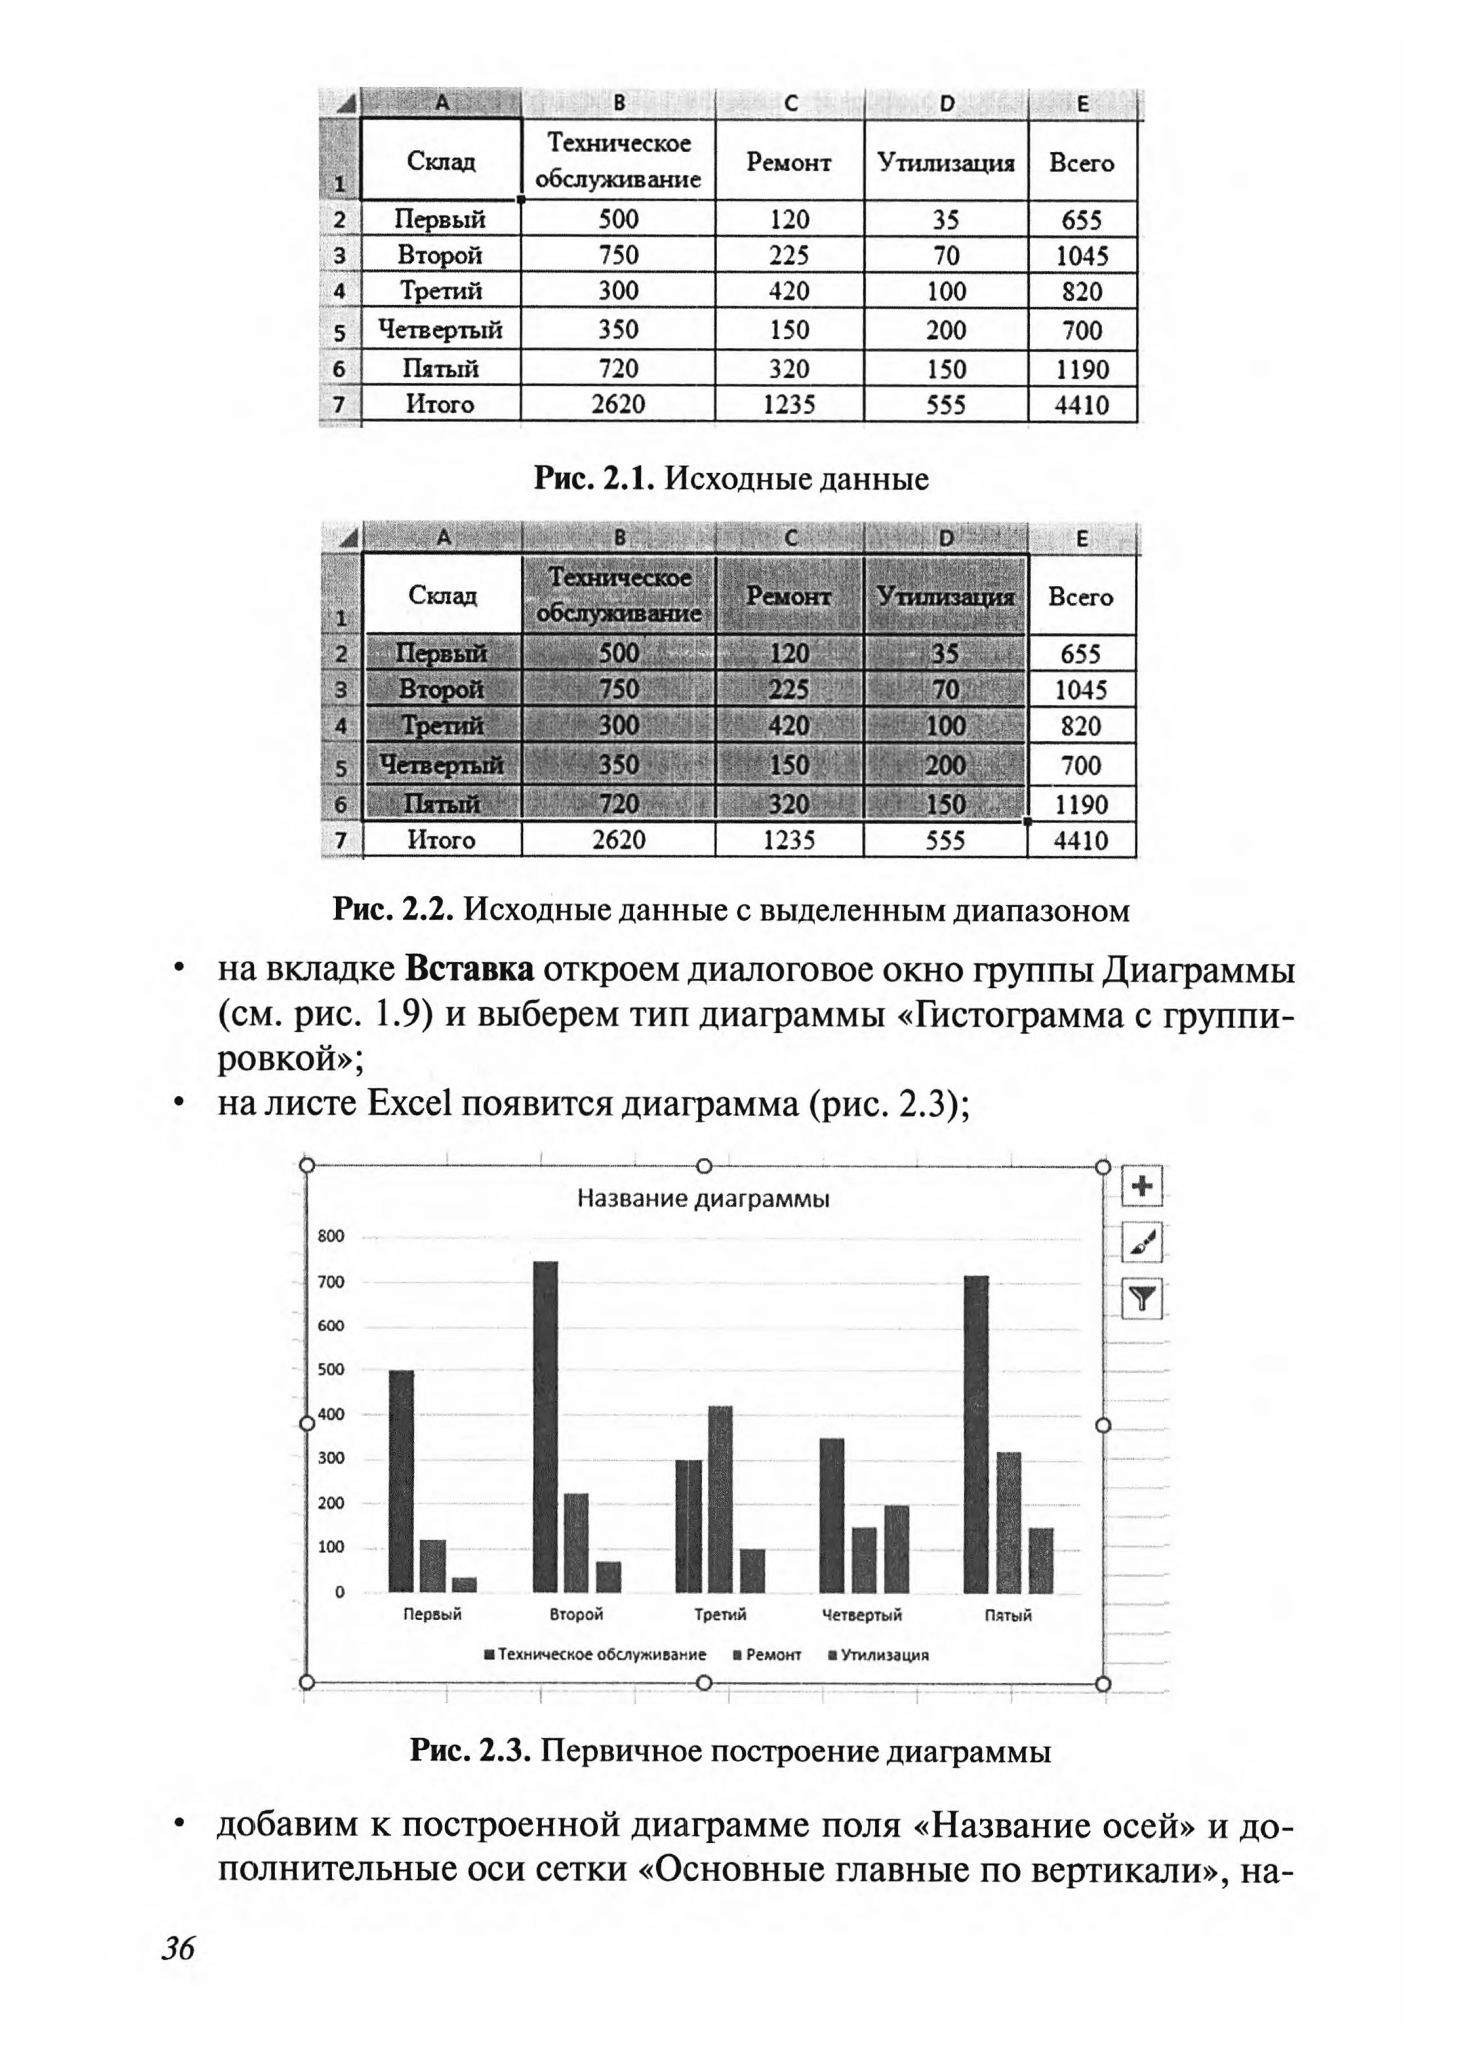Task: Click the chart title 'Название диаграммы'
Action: [x=702, y=1198]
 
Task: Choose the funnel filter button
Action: [x=1142, y=1299]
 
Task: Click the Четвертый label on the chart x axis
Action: [x=862, y=1614]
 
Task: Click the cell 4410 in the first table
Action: [x=1082, y=405]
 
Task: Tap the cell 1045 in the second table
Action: [x=1081, y=690]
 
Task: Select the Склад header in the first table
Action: [x=441, y=162]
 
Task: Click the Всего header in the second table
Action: [x=1081, y=597]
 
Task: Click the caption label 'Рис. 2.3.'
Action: [x=473, y=1751]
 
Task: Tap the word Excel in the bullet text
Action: [x=408, y=1103]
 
